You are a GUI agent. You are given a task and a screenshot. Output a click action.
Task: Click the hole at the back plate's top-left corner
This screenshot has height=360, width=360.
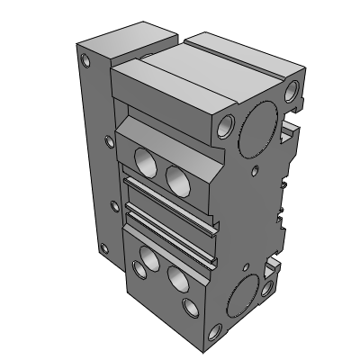click(x=85, y=62)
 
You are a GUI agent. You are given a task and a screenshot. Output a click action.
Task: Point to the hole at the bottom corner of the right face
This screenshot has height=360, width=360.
click(x=213, y=332)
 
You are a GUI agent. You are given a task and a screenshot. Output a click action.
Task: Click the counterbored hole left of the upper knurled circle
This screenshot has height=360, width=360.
click(x=225, y=123)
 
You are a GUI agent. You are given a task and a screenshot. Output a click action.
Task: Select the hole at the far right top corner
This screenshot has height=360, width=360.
click(x=293, y=93)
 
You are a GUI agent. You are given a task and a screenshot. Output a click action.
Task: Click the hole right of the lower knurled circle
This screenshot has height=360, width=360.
click(x=268, y=290)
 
